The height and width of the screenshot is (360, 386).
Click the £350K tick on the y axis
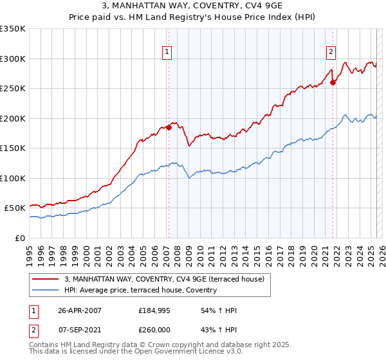click(x=13, y=29)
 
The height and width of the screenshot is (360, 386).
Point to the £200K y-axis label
click(x=13, y=118)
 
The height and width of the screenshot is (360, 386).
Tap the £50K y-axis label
click(x=15, y=208)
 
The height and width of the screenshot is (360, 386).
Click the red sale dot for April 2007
click(x=169, y=127)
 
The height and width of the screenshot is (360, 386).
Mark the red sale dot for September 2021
click(x=333, y=82)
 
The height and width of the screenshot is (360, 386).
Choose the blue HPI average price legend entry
click(x=140, y=290)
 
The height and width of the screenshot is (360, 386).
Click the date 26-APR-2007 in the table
click(x=80, y=310)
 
